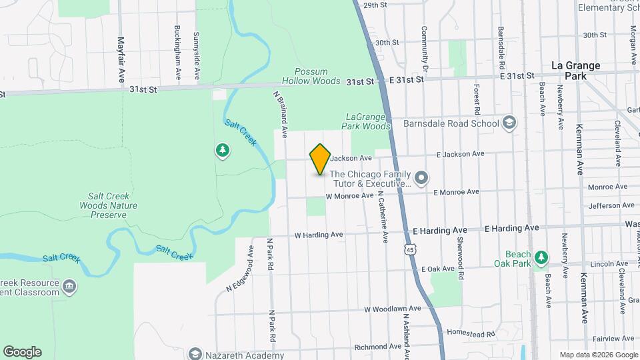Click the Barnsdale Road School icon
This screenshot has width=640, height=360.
[509, 123]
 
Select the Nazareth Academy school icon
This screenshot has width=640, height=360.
[195, 353]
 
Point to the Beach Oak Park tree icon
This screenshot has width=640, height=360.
[543, 257]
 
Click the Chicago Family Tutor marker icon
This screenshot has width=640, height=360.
[421, 177]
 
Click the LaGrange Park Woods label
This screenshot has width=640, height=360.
[365, 121]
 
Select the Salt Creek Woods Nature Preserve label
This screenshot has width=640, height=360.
[113, 205]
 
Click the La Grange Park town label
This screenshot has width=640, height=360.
[576, 71]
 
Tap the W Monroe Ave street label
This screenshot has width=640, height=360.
[349, 196]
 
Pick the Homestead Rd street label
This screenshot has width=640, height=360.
[470, 333]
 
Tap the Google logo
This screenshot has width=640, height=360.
[22, 352]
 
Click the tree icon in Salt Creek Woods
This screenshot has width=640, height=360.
[221, 151]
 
